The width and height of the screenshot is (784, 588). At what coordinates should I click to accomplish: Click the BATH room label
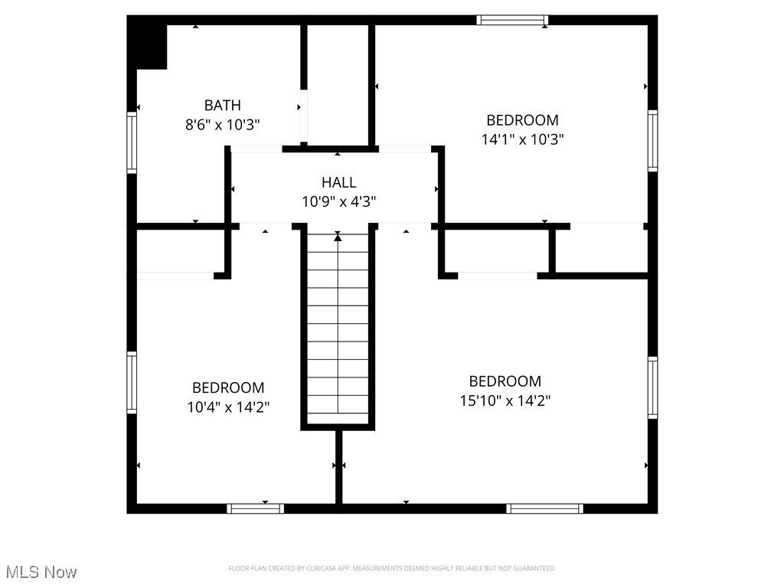222,106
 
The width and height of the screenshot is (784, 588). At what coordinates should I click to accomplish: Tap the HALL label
338,182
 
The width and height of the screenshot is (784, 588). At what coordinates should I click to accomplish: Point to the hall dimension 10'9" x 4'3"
338,201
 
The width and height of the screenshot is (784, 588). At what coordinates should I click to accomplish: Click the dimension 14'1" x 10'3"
522,139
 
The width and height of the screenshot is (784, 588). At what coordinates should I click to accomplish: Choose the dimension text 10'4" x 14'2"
228,407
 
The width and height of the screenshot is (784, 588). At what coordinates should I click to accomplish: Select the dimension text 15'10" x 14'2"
505,400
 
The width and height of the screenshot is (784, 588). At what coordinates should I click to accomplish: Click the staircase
338,329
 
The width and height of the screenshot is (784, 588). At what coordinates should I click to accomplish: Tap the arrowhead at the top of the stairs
338,237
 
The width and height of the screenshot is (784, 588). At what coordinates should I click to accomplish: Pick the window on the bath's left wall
132,142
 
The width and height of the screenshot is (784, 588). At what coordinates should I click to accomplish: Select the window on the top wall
512,20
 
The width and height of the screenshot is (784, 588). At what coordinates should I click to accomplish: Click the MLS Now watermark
41,572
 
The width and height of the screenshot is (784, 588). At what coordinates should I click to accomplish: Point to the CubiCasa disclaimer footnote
392,568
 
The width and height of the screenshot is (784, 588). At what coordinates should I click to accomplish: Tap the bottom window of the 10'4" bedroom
256,508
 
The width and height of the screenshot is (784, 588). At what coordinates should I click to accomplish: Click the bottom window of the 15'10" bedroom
544,508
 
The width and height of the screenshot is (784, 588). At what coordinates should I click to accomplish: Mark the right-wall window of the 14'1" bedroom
652,140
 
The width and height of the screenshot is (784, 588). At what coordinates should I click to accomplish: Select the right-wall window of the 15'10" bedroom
652,387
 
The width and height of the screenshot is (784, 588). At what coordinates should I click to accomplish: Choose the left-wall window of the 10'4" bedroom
132,383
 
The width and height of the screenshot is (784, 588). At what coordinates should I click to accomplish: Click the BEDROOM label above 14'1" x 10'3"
522,120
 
